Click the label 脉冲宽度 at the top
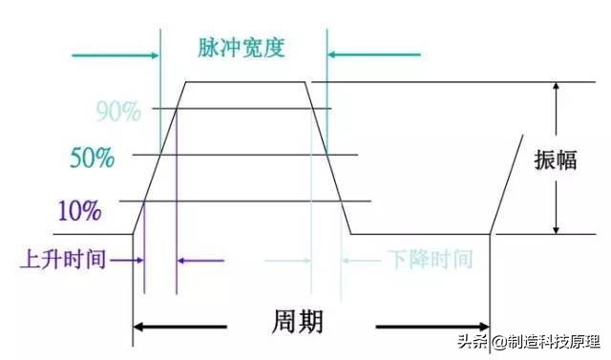[x=242, y=47]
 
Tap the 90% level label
[x=118, y=112]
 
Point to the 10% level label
[x=79, y=210]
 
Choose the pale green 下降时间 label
[x=432, y=259]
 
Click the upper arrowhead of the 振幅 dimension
[x=556, y=89]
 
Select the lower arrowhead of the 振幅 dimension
[x=556, y=228]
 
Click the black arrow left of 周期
[x=181, y=328]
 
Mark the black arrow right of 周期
[x=434, y=328]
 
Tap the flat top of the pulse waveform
[x=244, y=81]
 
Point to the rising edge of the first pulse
[x=158, y=158]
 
